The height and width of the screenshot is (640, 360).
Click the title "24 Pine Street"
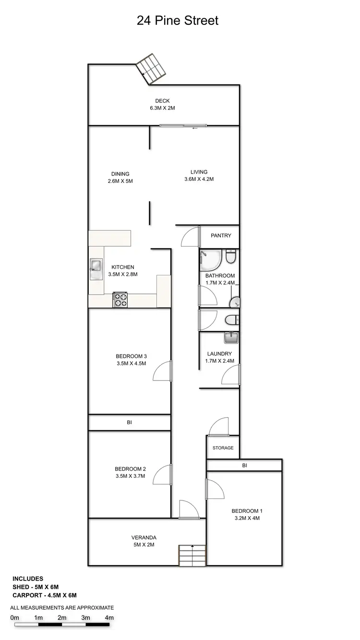click(178, 21)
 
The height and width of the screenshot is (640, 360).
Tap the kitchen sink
click(96, 269)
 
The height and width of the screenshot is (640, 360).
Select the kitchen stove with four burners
click(120, 300)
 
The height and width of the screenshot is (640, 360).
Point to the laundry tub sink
click(231, 338)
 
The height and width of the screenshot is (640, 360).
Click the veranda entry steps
click(192, 555)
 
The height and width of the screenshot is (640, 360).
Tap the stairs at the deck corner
click(152, 69)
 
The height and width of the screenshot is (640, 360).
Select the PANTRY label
click(221, 236)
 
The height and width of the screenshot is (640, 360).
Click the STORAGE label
click(223, 448)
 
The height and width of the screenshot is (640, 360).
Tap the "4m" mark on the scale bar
click(109, 617)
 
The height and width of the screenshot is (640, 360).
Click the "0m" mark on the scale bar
click(14, 617)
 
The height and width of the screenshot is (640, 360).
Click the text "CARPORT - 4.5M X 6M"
click(45, 595)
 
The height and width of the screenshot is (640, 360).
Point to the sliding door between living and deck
click(184, 126)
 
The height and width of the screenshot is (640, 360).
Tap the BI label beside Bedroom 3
click(130, 423)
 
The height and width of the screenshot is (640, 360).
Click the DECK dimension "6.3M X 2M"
click(162, 108)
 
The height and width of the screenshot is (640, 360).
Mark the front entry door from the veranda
click(188, 510)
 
